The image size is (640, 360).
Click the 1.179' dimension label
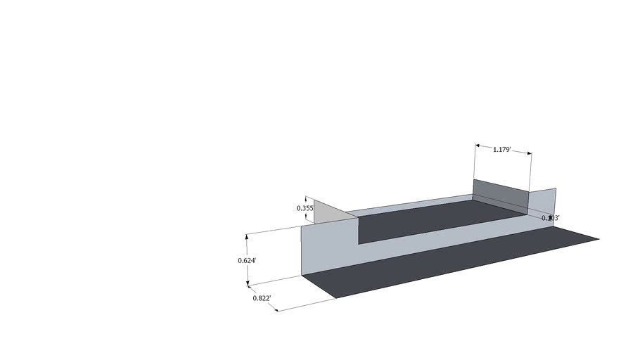coord(501,150)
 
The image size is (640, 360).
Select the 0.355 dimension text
coord(305,208)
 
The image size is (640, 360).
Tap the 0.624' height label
coord(247,260)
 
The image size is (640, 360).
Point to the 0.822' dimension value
coord(262,298)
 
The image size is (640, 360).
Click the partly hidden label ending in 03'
coord(551,219)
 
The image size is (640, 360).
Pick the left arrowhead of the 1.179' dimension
coord(478,146)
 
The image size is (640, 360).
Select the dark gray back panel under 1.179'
coord(499,195)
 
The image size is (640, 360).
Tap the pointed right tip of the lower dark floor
coord(598,240)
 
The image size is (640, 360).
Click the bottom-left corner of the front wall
coord(302,276)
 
